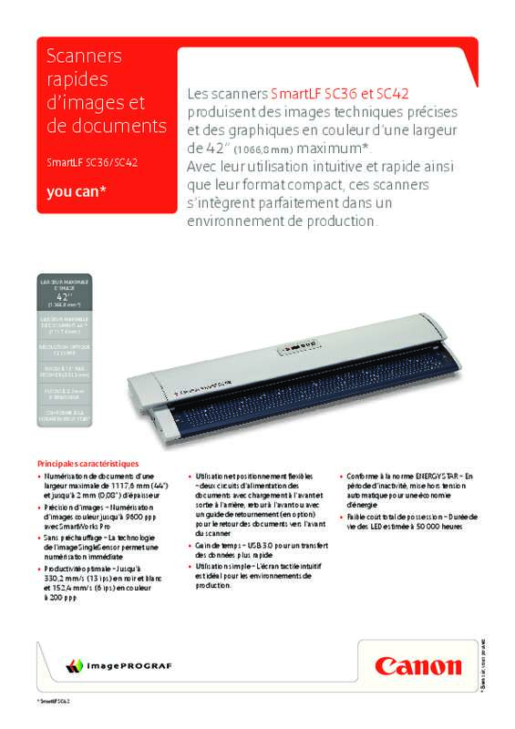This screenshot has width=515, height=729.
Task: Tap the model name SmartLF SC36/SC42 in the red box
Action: [91, 164]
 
